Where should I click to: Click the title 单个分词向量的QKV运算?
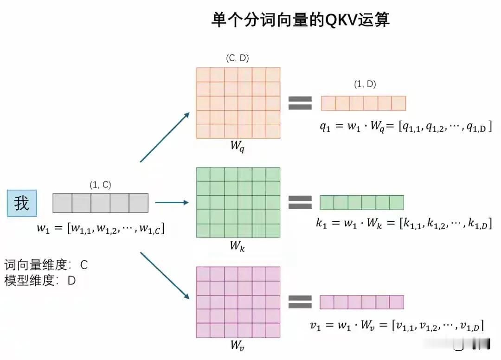point(301,20)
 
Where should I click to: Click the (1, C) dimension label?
point(100,185)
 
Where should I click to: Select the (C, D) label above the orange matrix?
point(238,59)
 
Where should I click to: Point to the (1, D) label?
point(365,84)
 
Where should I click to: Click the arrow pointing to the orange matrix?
point(165,137)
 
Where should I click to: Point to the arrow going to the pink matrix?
point(165,276)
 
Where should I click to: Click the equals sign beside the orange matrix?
point(300,103)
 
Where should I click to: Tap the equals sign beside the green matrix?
point(300,202)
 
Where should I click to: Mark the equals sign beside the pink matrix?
point(300,302)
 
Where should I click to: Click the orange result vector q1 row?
point(363,103)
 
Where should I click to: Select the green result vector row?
point(362,202)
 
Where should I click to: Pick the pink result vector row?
point(362,302)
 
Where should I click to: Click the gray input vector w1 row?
point(100,203)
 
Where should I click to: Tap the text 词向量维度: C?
point(46,265)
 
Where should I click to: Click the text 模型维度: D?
point(40,281)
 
